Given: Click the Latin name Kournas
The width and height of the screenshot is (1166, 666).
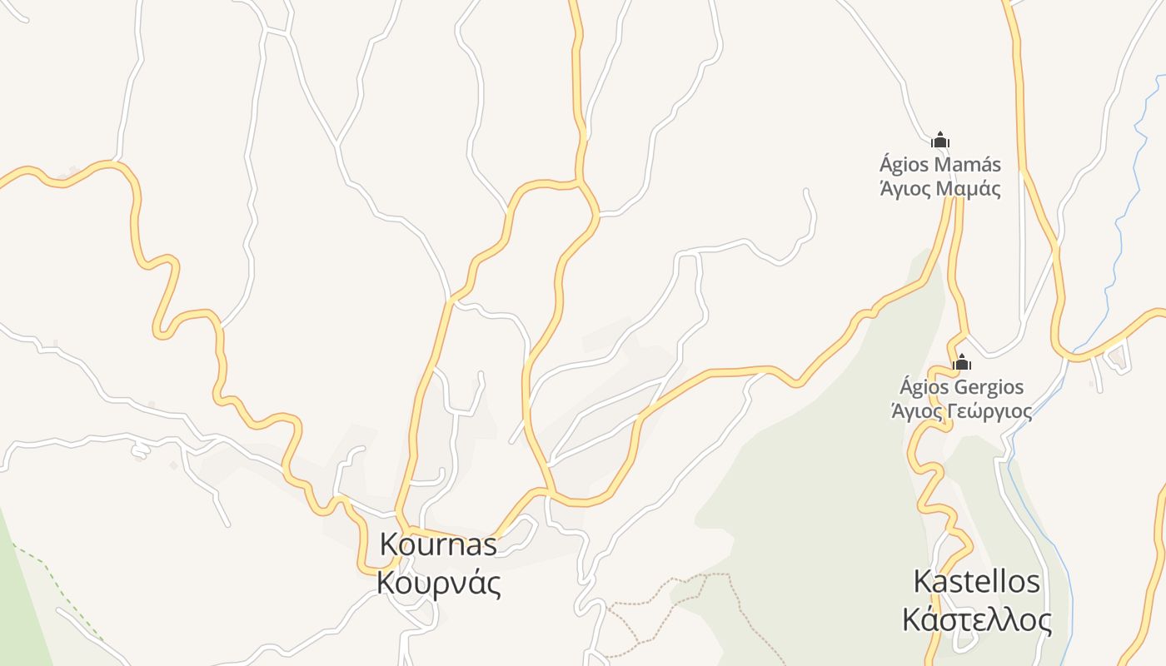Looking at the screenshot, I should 438,544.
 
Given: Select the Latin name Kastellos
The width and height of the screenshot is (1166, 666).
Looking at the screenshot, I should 976,581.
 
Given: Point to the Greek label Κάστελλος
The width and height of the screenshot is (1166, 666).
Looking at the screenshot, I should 976,620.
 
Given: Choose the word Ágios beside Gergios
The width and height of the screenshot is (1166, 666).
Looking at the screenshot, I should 924,387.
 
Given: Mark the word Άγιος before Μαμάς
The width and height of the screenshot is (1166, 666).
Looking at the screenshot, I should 905,188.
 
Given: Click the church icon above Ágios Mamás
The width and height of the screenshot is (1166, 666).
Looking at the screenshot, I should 940,140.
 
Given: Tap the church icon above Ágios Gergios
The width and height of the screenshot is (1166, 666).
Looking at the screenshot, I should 962,362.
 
